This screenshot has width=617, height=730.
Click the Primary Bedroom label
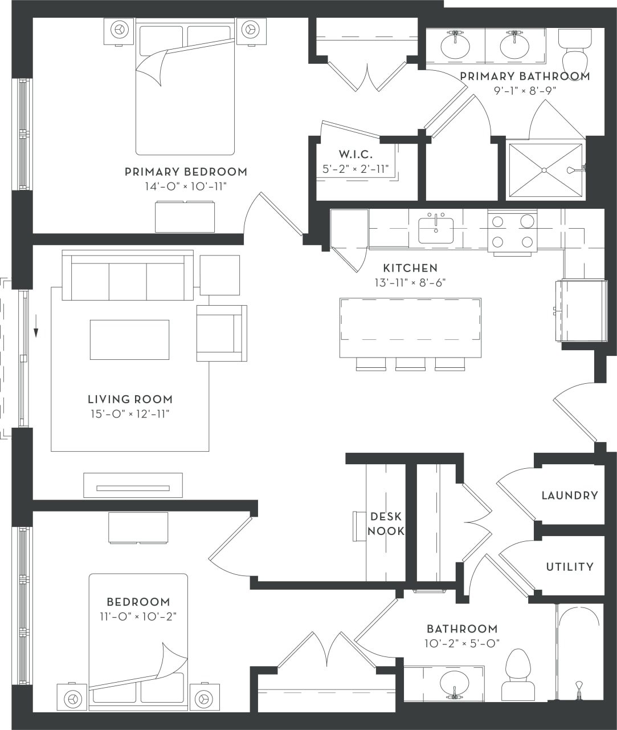pyautogui.click(x=186, y=172)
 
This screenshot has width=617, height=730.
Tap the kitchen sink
pyautogui.click(x=436, y=230)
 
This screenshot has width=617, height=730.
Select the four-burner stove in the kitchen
pyautogui.click(x=512, y=232)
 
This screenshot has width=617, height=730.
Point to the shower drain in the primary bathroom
pyautogui.click(x=544, y=170)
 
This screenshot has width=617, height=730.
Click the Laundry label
pyautogui.click(x=569, y=496)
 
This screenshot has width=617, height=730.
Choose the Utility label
pyautogui.click(x=569, y=567)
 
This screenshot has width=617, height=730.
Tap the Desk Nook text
pyautogui.click(x=386, y=524)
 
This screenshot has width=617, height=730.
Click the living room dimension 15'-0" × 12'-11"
pyautogui.click(x=130, y=414)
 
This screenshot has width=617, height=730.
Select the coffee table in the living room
pyautogui.click(x=129, y=339)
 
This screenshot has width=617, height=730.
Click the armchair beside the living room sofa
pyautogui.click(x=222, y=333)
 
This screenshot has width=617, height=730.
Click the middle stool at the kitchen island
pyautogui.click(x=410, y=364)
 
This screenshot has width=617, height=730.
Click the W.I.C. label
pyautogui.click(x=356, y=155)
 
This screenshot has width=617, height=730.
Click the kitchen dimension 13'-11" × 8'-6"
pyautogui.click(x=410, y=282)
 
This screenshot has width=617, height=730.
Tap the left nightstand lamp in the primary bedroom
pyautogui.click(x=119, y=29)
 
